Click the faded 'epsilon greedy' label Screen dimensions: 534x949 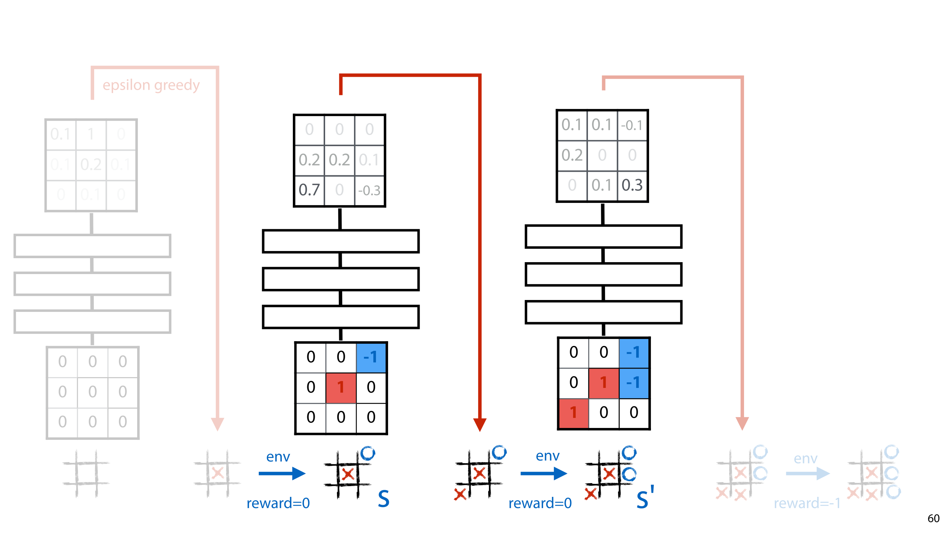click(151, 85)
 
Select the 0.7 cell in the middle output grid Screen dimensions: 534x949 click(309, 190)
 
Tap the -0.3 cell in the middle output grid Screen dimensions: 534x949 click(369, 191)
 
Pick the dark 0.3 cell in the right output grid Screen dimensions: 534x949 click(632, 185)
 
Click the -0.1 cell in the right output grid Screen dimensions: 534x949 click(632, 125)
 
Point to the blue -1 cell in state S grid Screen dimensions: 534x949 click(371, 357)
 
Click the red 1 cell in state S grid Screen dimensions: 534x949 click(341, 387)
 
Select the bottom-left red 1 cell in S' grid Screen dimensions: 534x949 click(573, 413)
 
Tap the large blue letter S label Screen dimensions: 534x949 click(384, 499)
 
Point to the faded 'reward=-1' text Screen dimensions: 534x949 click(807, 503)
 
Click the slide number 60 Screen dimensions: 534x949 click(933, 518)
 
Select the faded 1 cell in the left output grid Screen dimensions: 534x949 click(91, 134)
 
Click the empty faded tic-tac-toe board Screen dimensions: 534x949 click(86, 474)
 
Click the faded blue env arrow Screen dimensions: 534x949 click(807, 474)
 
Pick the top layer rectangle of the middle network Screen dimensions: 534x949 click(341, 241)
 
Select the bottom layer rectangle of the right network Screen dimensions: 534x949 click(604, 312)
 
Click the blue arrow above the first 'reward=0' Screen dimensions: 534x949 click(282, 473)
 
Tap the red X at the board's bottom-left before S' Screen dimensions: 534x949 click(460, 494)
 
